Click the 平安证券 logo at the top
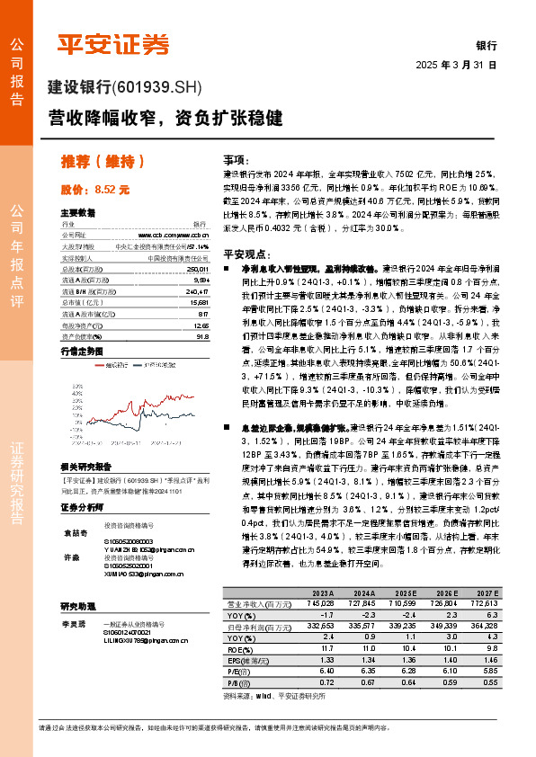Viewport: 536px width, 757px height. pyautogui.click(x=113, y=44)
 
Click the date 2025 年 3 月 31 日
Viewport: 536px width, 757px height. pyautogui.click(x=456, y=65)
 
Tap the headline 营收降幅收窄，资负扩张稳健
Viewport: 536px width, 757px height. pyautogui.click(x=165, y=117)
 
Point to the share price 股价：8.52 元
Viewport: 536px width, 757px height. pyautogui.click(x=95, y=190)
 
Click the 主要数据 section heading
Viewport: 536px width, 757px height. pyautogui.click(x=77, y=213)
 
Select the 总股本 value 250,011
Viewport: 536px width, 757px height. pyautogui.click(x=198, y=269)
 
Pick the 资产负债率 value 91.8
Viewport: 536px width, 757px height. pyautogui.click(x=201, y=337)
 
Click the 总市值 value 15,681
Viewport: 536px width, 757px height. pyautogui.click(x=199, y=303)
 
